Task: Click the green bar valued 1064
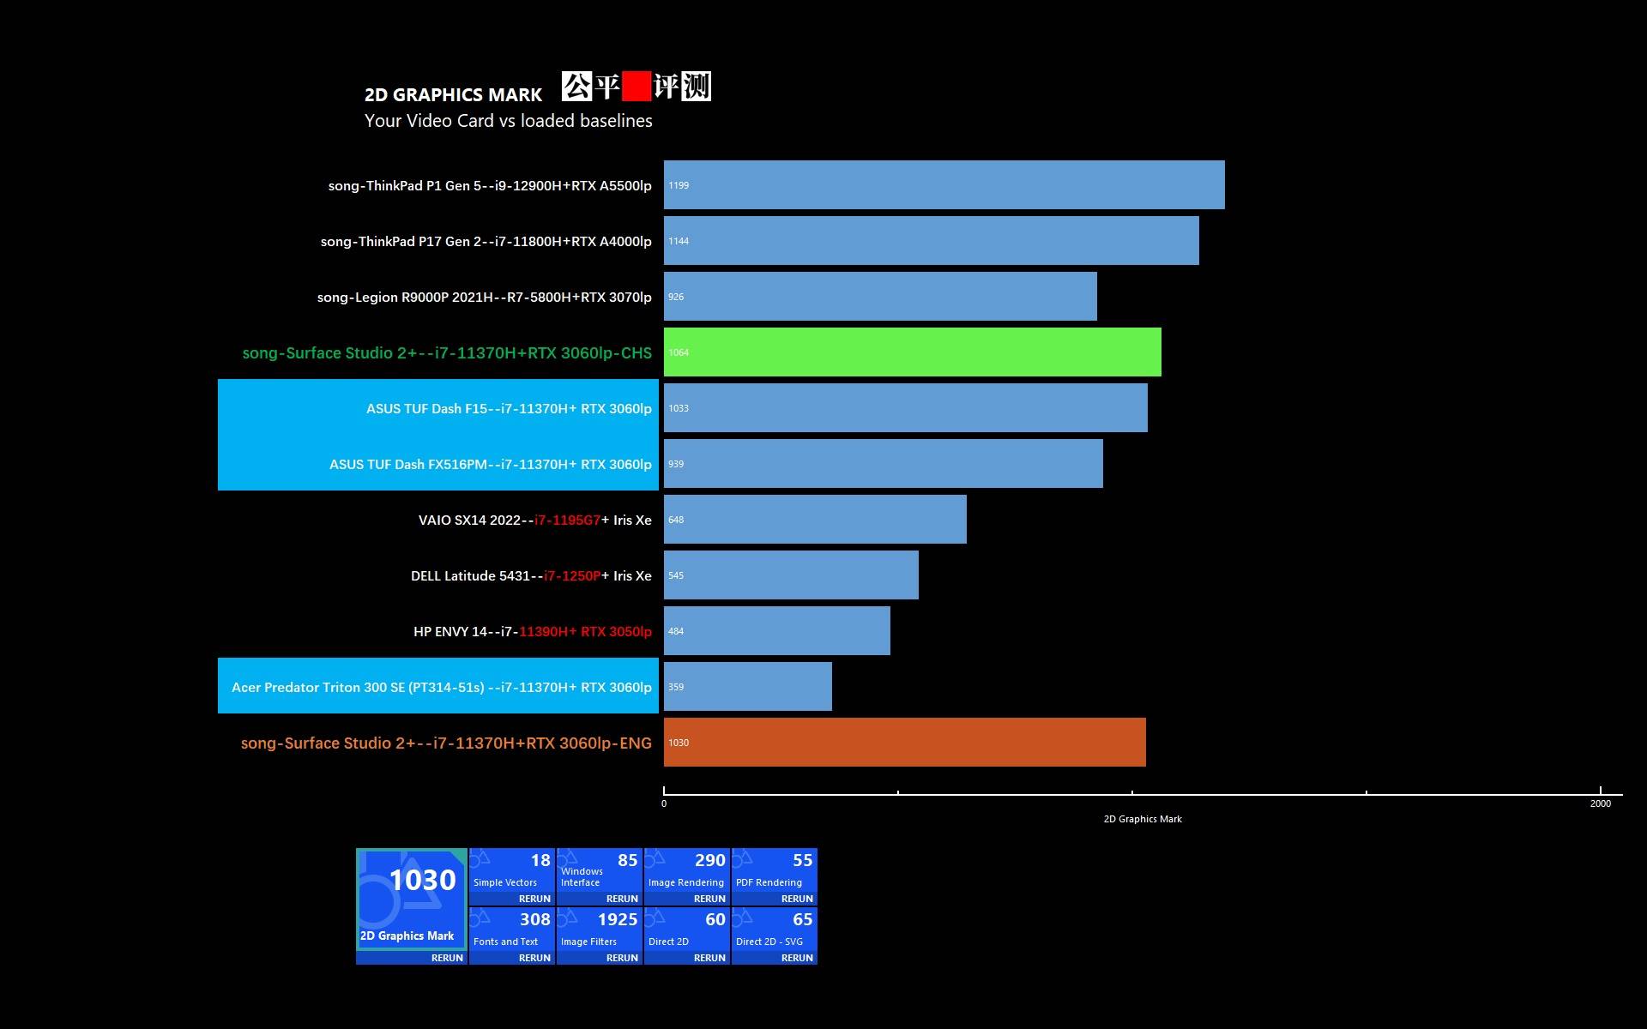[x=912, y=352]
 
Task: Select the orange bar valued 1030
[x=904, y=742]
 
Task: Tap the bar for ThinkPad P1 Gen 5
[x=944, y=184]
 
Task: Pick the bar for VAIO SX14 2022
[x=815, y=519]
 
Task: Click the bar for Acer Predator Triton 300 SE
[x=747, y=686]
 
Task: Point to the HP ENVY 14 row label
[x=532, y=631]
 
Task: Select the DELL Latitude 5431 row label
[x=531, y=575]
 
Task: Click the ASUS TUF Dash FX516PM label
[x=490, y=464]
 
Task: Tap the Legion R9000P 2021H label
[x=484, y=297]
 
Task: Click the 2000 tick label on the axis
[x=1600, y=803]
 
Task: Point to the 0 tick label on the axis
[x=664, y=803]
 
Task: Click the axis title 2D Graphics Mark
[x=1142, y=819]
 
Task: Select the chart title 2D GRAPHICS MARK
[x=453, y=94]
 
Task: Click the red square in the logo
[x=636, y=87]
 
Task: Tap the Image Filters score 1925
[x=617, y=919]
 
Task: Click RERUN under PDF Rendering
[x=796, y=899]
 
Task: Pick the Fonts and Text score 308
[x=534, y=919]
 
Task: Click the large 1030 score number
[x=422, y=880]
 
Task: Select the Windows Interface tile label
[x=582, y=876]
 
